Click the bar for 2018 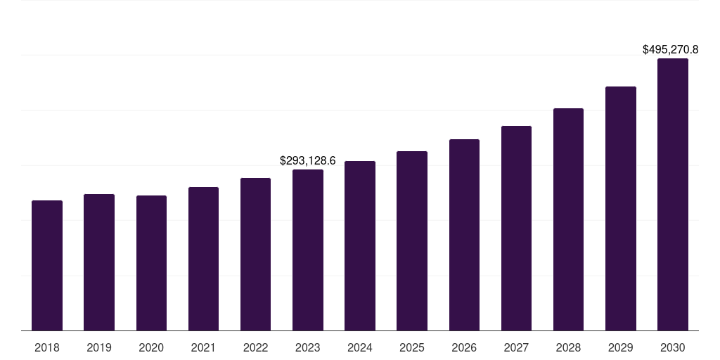(x=47, y=266)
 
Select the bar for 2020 (x=151, y=263)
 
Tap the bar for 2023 (x=308, y=250)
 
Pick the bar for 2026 (x=464, y=235)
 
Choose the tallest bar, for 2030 (x=672, y=195)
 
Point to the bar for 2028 (x=568, y=219)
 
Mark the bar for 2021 (x=203, y=259)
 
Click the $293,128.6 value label (x=308, y=161)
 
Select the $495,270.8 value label (x=671, y=50)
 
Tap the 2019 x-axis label (x=99, y=348)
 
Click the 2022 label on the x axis (x=255, y=348)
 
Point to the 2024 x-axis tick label (x=360, y=348)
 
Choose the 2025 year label (x=412, y=348)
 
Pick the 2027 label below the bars (x=516, y=348)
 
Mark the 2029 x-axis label (x=620, y=348)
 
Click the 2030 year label (x=672, y=348)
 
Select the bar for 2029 (x=620, y=209)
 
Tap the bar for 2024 (x=360, y=246)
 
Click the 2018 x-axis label (x=47, y=348)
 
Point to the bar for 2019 (x=99, y=262)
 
